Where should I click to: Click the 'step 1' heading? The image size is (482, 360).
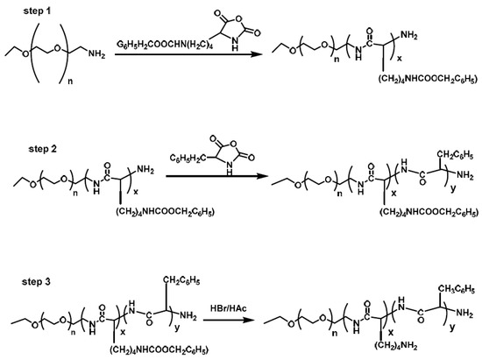pos(37,11)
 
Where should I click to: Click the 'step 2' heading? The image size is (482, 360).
pos(43,149)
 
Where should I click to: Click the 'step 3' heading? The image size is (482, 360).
pos(36,282)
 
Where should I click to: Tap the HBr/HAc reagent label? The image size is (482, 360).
pos(229,308)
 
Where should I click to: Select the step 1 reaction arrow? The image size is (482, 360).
pos(188,54)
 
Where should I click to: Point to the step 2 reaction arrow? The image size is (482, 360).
pos(216,176)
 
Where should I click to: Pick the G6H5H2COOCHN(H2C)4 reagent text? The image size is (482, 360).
pos(165,45)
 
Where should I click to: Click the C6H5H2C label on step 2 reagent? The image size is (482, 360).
pos(187,159)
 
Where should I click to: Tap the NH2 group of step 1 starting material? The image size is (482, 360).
pos(96,54)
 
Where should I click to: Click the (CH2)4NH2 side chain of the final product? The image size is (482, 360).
pos(396,346)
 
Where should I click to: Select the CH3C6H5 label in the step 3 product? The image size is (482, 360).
pos(457,289)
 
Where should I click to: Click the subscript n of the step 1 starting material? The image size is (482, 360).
pos(70,81)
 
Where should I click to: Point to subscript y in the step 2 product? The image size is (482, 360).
pos(453,188)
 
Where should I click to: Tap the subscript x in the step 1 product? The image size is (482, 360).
pos(400,58)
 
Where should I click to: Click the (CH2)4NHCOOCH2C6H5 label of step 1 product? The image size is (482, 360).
pos(428,79)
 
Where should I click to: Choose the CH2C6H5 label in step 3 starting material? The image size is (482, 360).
pos(181,280)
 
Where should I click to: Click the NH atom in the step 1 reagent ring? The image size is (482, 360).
pos(235,44)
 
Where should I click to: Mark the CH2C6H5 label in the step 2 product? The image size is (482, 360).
pos(455,155)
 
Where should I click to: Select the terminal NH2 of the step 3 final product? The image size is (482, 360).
pos(464,313)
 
